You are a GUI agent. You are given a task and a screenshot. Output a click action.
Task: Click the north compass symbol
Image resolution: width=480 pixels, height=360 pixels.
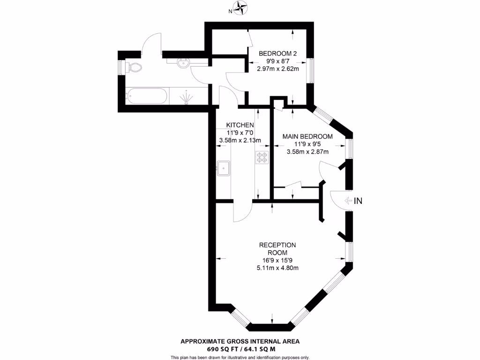[x=241, y=7]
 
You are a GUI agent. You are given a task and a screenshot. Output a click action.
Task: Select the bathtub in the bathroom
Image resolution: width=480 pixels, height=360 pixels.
[x=146, y=96]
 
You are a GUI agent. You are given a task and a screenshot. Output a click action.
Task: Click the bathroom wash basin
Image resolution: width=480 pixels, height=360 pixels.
[x=183, y=63]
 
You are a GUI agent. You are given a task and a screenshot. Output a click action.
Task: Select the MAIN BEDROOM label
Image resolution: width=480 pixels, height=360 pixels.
[x=307, y=136]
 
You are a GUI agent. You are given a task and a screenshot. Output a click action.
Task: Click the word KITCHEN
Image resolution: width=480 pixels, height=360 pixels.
[x=240, y=125]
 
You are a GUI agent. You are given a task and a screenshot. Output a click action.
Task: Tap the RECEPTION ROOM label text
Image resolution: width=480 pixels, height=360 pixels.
[x=278, y=248]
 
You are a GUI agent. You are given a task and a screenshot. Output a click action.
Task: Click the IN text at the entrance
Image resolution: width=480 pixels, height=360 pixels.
[x=358, y=201]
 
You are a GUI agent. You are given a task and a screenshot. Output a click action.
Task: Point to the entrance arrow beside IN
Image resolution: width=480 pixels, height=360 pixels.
[x=348, y=201]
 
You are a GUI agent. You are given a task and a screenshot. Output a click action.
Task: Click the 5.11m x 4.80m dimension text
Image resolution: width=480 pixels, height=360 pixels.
[x=278, y=268]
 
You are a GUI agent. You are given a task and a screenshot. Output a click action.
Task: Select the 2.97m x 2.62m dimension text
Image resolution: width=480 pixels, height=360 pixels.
[x=278, y=68]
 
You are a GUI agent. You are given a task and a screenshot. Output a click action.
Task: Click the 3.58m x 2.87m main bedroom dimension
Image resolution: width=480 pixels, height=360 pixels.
[x=307, y=151]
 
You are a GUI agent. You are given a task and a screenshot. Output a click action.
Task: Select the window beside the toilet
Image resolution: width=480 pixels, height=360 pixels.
[x=120, y=67]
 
